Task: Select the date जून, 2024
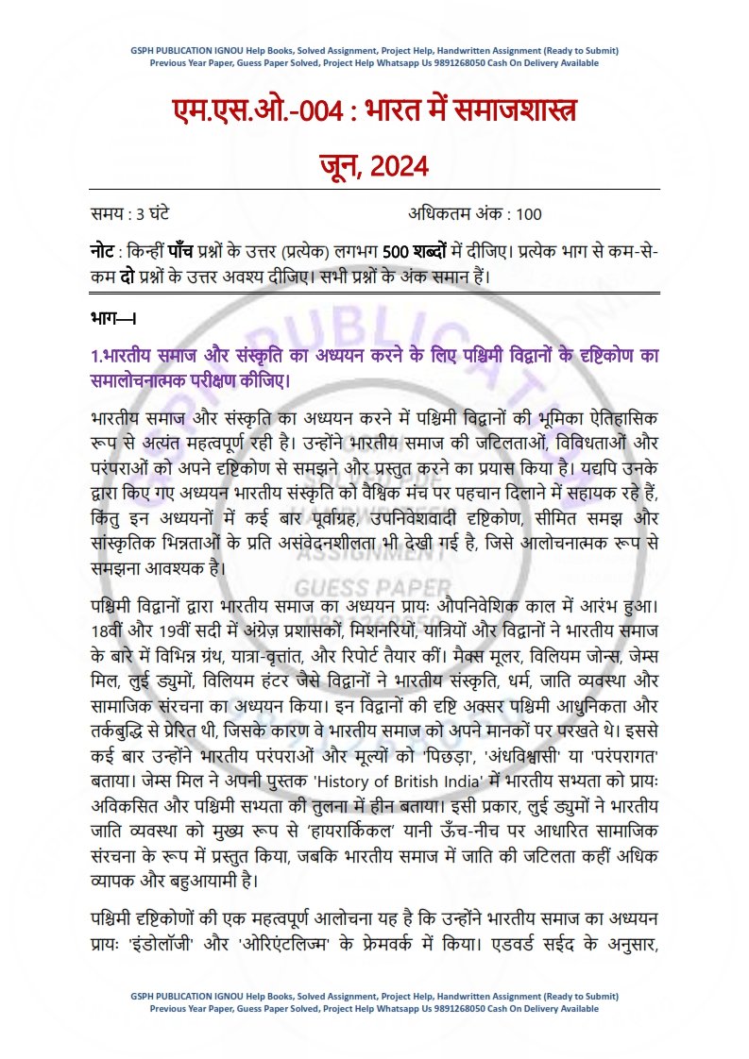pyautogui.click(x=374, y=167)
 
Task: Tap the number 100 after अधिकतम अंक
pyautogui.click(x=530, y=213)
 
